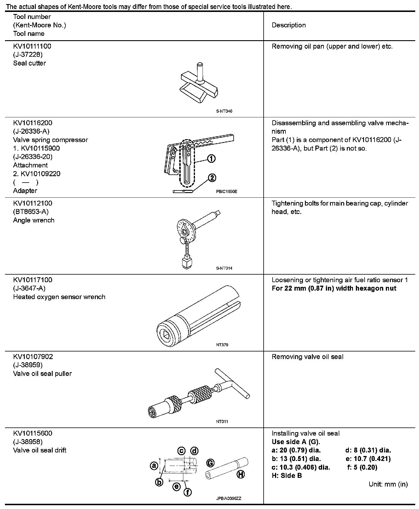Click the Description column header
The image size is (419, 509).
coord(289,25)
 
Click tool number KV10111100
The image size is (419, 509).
coord(32,46)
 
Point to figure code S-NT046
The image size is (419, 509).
coord(224,111)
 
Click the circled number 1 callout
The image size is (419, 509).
coord(211,158)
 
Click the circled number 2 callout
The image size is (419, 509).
coord(212,178)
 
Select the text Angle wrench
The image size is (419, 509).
coord(34,220)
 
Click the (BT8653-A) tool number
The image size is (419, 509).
coord(31,212)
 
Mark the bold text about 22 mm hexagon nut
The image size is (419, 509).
coord(334,288)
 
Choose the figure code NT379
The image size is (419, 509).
coord(222,345)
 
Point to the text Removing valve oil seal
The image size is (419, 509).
coord(308,357)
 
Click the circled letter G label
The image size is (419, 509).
coord(210,463)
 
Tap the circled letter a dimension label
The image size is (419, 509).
coord(153,466)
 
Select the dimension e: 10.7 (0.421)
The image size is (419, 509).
coord(368,459)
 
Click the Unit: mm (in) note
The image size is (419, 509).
coord(388,484)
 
